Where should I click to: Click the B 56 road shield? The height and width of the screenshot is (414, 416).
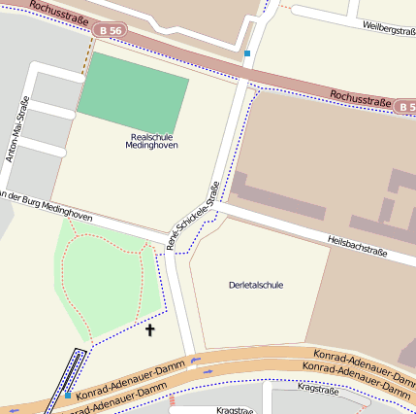(108, 31)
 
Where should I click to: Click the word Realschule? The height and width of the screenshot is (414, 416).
(151, 136)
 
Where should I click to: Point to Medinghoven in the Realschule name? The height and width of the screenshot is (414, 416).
(151, 146)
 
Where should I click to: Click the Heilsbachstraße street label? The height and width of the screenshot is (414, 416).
(357, 245)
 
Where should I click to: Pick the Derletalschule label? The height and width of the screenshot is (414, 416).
(255, 285)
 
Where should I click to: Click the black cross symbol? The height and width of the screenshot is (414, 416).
(149, 331)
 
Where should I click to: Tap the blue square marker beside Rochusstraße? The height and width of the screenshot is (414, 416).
(248, 53)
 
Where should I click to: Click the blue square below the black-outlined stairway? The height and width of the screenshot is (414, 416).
(68, 395)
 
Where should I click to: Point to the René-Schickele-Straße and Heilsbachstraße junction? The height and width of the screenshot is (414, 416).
(221, 206)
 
